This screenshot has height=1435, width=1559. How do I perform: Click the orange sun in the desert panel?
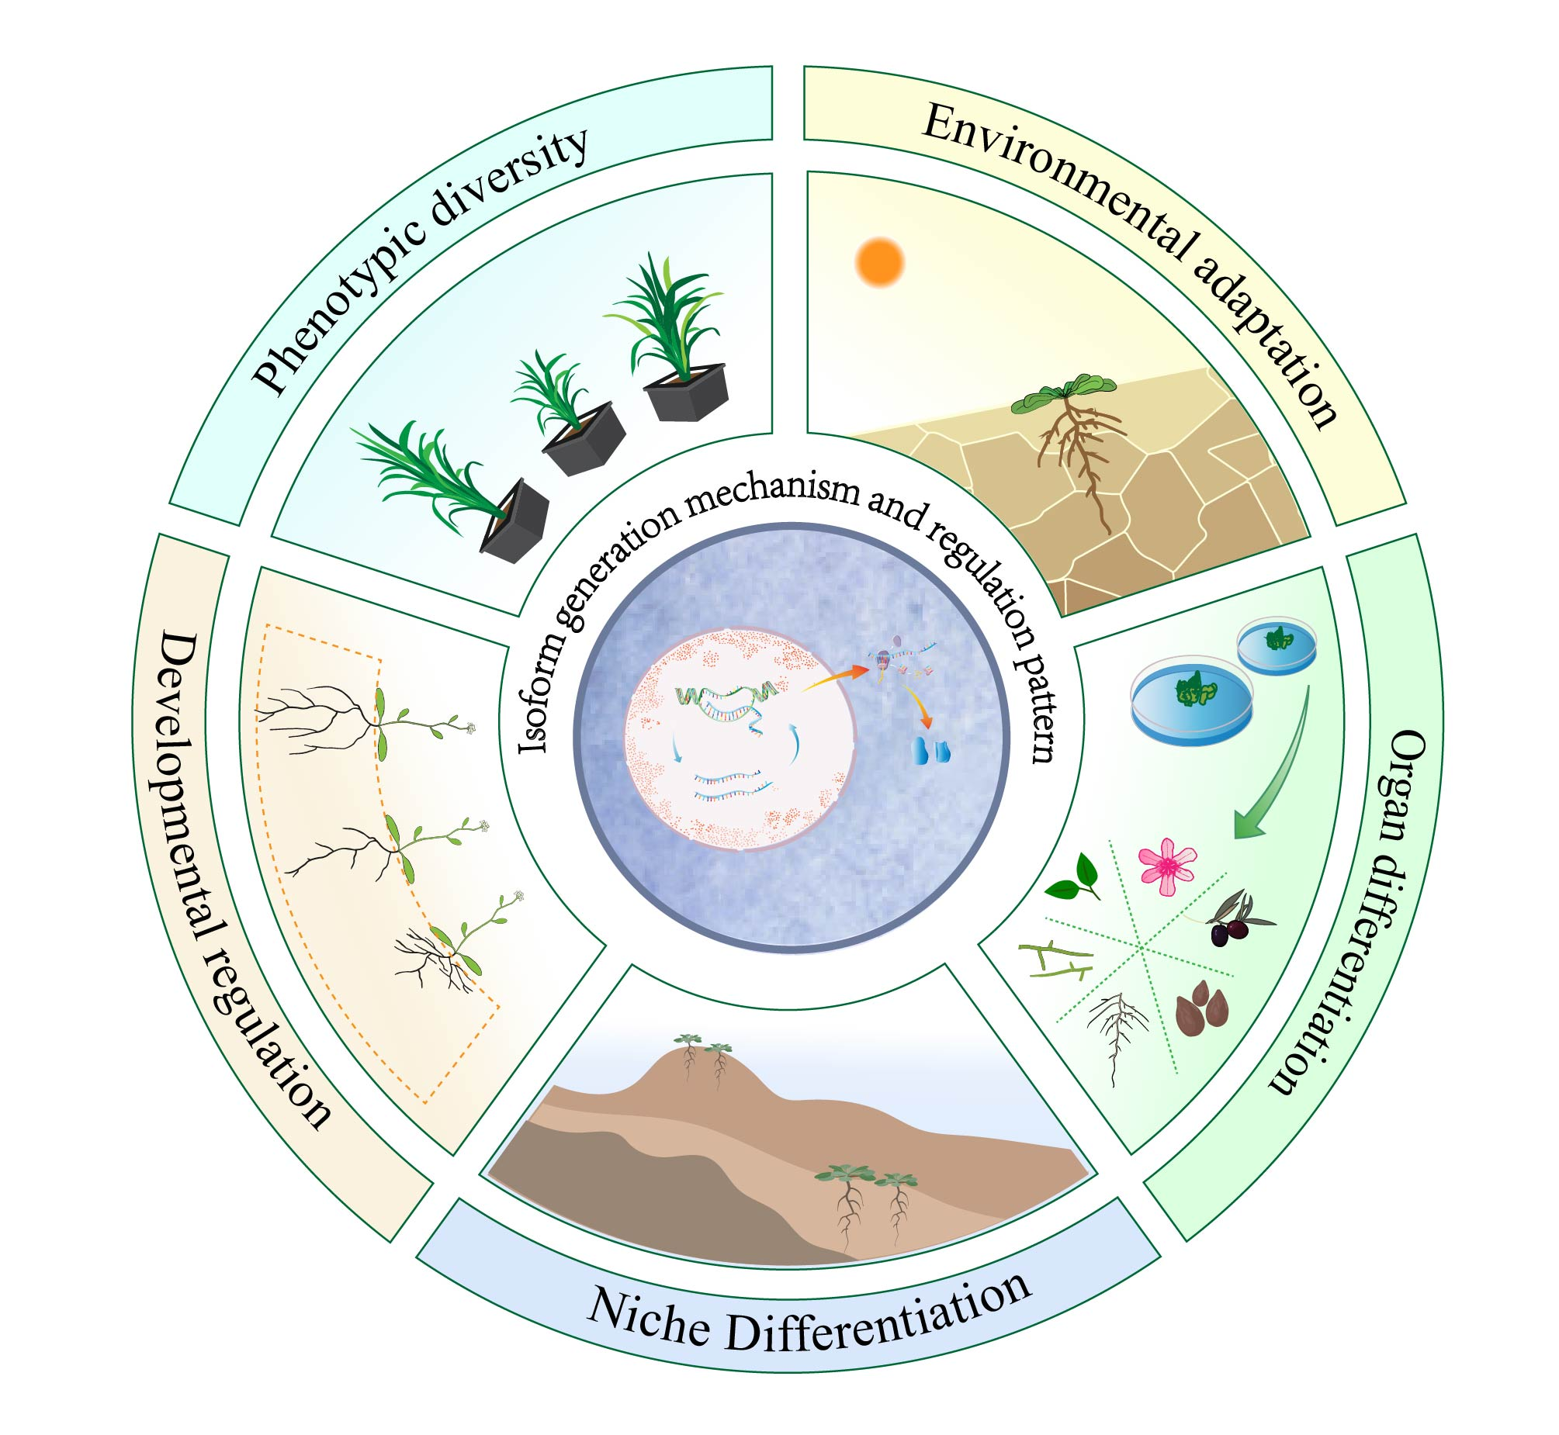[x=879, y=262]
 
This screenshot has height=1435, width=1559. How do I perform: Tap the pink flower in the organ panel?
[x=1166, y=865]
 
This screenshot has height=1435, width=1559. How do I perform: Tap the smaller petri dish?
[x=1277, y=644]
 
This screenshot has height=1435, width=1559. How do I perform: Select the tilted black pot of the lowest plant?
[x=514, y=521]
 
